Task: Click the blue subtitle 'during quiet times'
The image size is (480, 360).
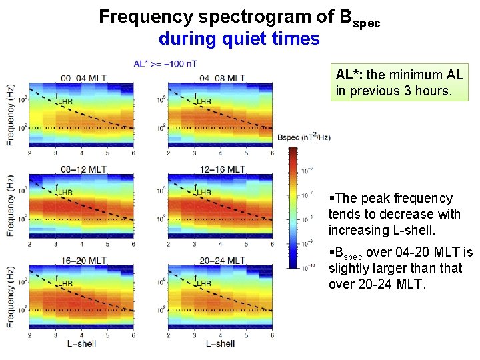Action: pyautogui.click(x=239, y=39)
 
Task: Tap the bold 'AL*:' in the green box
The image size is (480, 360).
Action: pyautogui.click(x=349, y=75)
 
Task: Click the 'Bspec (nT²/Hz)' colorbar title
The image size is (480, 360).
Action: pyautogui.click(x=303, y=137)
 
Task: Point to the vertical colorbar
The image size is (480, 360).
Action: pyautogui.click(x=293, y=207)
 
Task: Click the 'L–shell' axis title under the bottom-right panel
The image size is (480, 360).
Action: pyautogui.click(x=219, y=344)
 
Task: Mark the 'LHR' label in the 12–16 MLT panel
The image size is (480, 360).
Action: pyautogui.click(x=203, y=192)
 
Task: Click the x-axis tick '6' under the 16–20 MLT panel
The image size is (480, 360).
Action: pyautogui.click(x=133, y=336)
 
